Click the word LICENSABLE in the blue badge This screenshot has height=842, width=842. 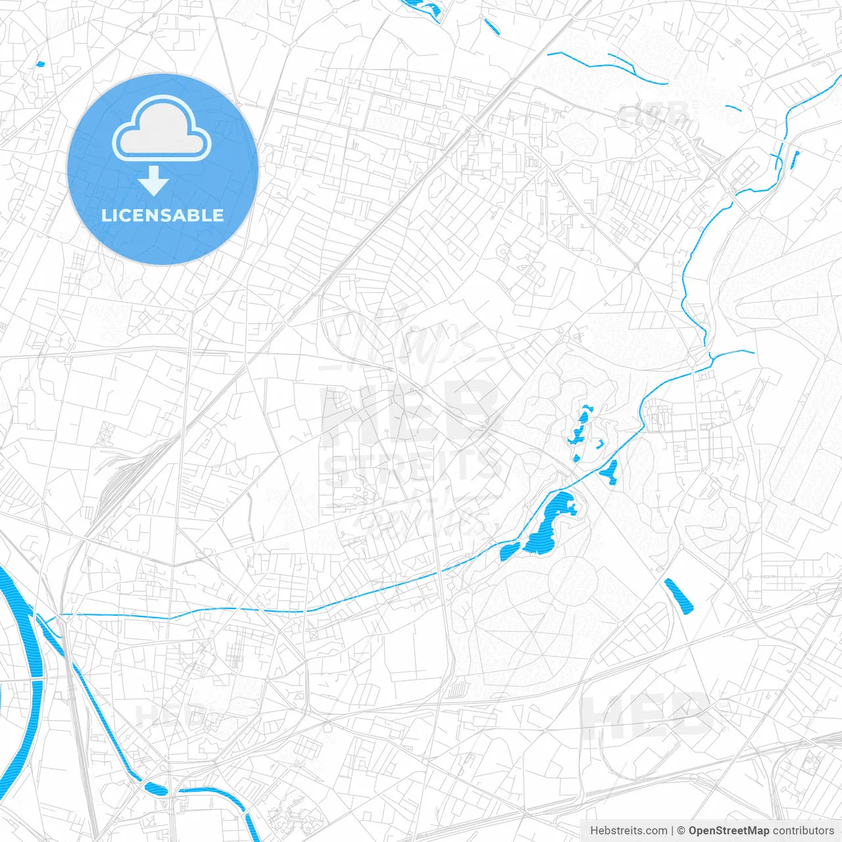(162, 215)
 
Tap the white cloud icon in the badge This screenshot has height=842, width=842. (161, 130)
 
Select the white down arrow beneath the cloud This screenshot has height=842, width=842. (154, 181)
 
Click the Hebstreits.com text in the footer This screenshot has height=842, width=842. (628, 831)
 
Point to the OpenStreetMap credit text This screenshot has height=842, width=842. (729, 831)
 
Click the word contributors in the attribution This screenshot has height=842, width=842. (803, 831)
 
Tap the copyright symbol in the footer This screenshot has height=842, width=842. (681, 831)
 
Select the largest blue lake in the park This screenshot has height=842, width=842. (549, 523)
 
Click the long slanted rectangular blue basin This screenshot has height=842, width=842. (679, 596)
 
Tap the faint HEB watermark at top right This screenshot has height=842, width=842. (655, 115)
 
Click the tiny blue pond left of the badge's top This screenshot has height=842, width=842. (40, 64)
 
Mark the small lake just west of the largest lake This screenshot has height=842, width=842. (508, 551)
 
